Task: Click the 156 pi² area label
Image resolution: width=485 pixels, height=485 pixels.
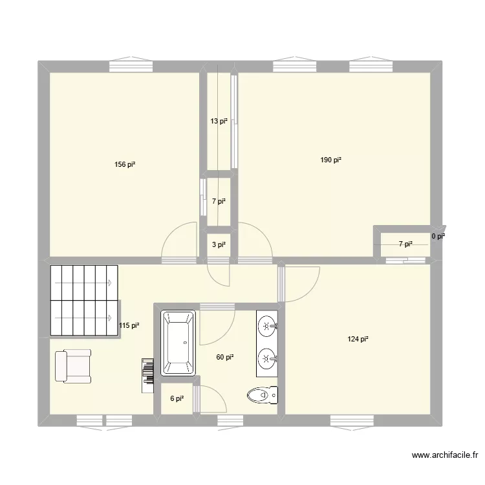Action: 125,164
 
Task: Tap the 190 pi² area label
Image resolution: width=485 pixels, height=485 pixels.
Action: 331,160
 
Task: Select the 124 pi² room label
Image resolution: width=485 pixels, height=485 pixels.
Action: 358,339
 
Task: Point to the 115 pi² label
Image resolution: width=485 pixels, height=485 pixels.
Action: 129,326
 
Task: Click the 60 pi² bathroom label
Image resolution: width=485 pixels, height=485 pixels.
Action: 224,356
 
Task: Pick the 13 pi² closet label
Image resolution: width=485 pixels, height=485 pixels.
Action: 219,121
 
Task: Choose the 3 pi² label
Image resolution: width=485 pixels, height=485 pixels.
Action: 219,244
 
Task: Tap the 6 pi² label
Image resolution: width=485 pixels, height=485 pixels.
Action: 177,399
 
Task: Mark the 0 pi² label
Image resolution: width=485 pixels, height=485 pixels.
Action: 438,237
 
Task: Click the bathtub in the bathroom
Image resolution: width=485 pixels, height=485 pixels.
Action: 178,343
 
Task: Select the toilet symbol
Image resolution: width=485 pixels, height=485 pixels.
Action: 263,394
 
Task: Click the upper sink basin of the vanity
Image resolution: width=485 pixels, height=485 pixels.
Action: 267,325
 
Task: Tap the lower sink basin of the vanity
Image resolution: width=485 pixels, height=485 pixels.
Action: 267,358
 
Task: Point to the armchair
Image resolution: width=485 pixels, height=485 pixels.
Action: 73,366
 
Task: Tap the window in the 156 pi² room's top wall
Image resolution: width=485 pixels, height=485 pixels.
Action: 131,66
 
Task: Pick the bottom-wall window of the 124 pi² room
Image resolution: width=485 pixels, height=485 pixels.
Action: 352,420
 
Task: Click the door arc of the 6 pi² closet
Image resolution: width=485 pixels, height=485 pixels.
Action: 212,398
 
